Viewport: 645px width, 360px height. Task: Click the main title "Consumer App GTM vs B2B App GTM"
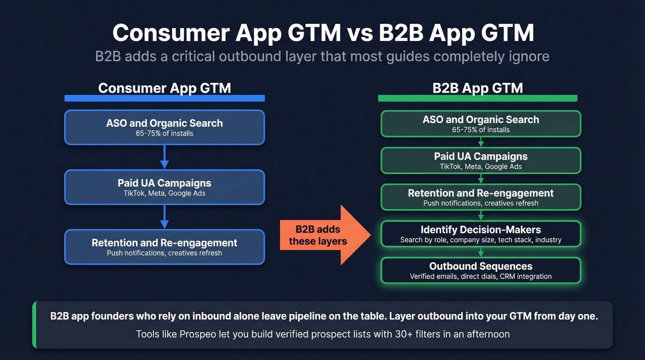point(322,33)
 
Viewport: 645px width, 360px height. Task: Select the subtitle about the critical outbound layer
point(322,56)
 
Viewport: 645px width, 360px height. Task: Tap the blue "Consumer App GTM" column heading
point(164,88)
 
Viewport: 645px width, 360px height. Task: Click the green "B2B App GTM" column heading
point(477,88)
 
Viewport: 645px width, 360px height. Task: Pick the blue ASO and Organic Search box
point(164,127)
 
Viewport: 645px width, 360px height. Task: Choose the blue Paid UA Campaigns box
point(164,187)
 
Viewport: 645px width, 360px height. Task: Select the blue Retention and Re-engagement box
point(164,247)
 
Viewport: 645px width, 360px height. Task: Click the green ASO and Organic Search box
point(481,124)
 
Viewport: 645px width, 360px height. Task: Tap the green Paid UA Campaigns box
point(481,160)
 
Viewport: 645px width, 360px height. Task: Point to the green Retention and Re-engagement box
point(481,197)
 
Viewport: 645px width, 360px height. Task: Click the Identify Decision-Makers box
point(481,234)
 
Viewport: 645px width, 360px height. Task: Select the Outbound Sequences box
point(481,270)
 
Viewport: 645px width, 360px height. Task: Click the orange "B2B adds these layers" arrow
point(322,235)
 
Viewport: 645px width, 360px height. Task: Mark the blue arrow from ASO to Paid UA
point(164,157)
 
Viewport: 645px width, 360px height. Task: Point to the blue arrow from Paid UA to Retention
point(164,217)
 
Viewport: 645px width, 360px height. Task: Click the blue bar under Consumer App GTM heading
point(164,98)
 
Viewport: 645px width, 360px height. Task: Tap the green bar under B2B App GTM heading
point(477,98)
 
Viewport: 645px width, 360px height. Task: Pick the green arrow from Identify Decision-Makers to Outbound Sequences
point(481,252)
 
